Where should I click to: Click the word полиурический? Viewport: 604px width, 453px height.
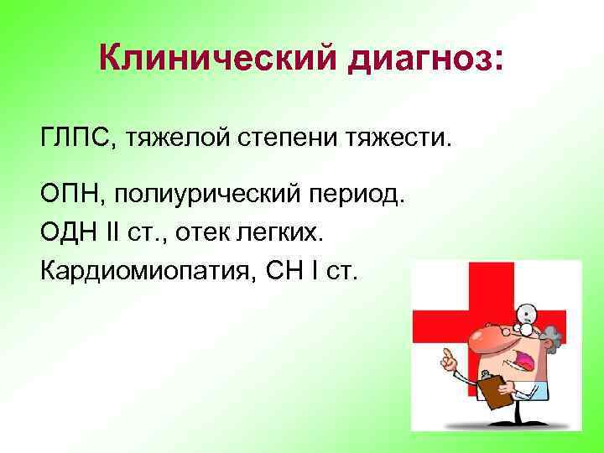pyautogui.click(x=215, y=195)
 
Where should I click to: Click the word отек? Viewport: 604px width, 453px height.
pyautogui.click(x=221, y=232)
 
